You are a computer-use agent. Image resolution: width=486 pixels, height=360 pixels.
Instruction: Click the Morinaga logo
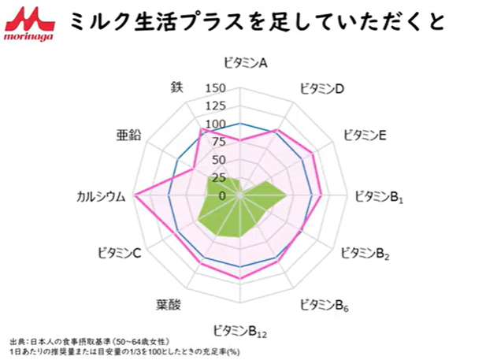pyautogui.click(x=27, y=24)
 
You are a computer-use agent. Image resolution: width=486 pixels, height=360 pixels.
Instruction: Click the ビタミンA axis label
pyautogui.click(x=244, y=63)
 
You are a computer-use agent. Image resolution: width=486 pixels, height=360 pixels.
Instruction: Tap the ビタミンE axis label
pyautogui.click(x=364, y=135)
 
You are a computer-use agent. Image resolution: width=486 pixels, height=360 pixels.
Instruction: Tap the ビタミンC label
pyautogui.click(x=119, y=253)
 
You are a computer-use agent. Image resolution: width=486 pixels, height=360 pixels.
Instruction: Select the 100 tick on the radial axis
pyautogui.click(x=214, y=124)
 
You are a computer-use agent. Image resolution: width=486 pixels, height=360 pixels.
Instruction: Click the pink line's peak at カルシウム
pyautogui.click(x=135, y=194)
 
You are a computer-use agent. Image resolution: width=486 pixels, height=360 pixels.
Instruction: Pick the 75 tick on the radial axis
pyautogui.click(x=217, y=142)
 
